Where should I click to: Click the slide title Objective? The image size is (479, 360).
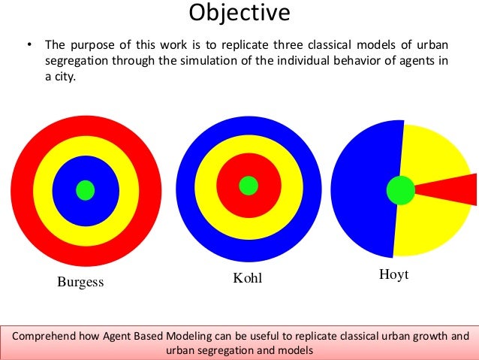click(239, 13)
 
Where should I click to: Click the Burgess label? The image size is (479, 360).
click(80, 283)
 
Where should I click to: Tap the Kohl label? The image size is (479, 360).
click(249, 280)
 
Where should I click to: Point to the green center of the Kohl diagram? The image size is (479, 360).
click(249, 185)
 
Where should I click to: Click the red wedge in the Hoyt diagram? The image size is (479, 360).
click(450, 189)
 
